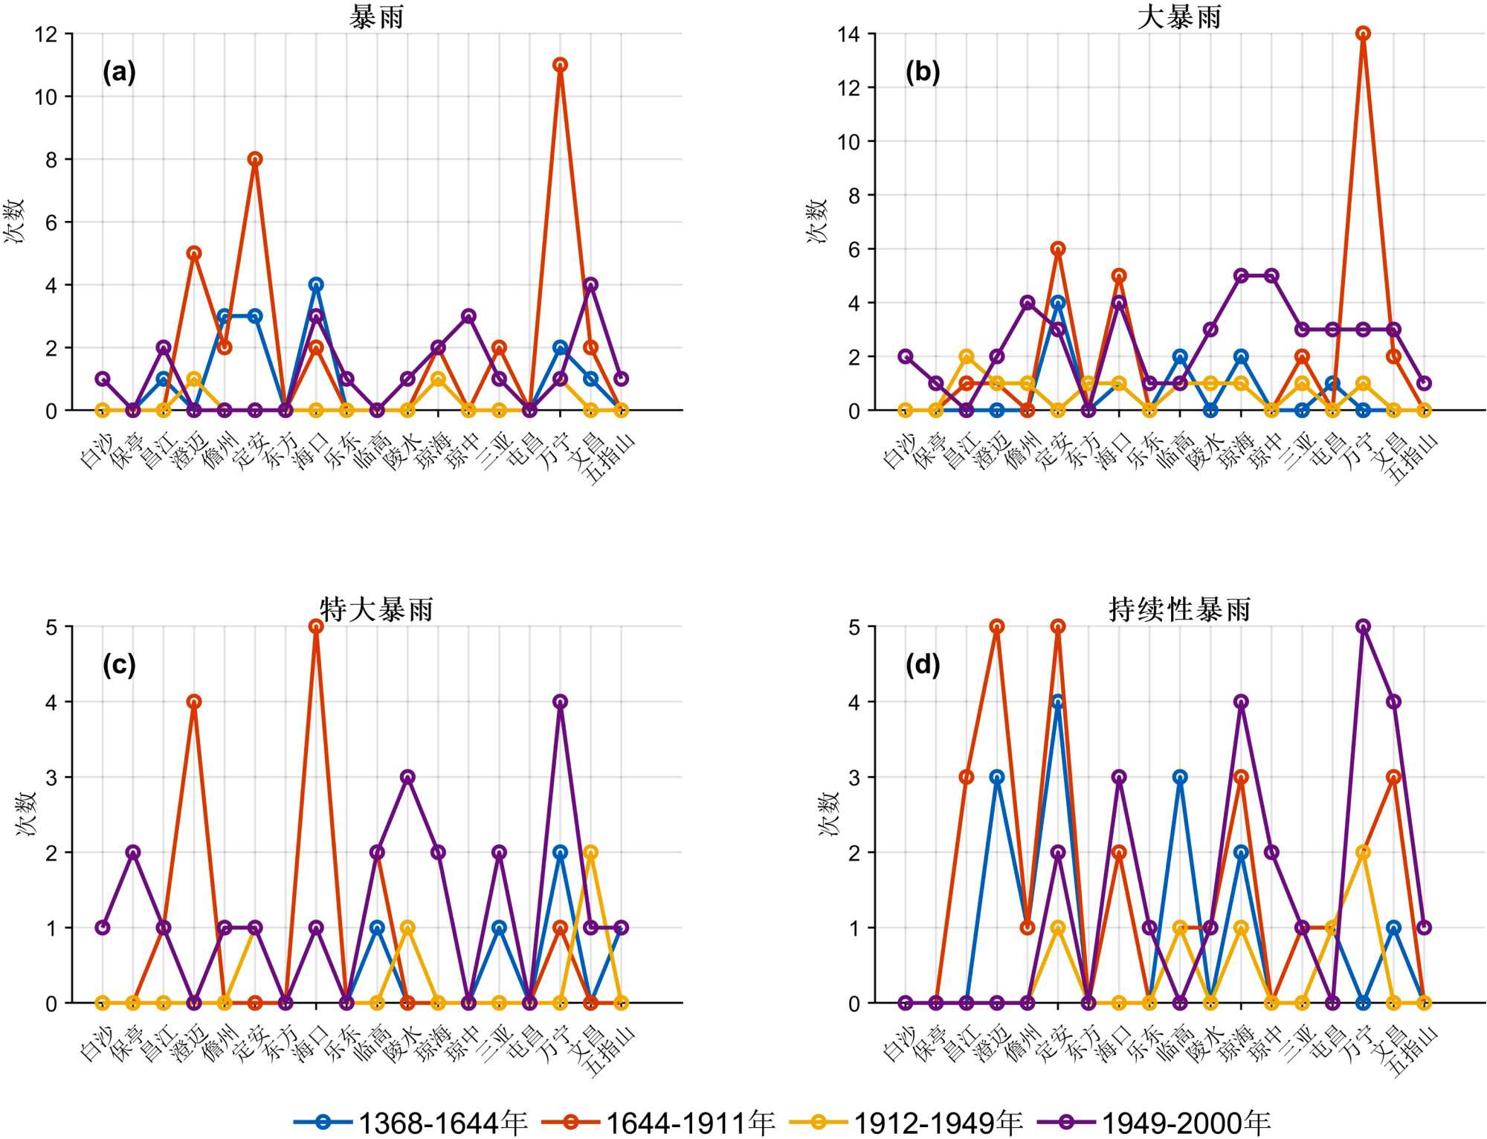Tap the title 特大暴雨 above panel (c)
pyautogui.click(x=377, y=610)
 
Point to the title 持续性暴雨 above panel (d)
pyautogui.click(x=1179, y=610)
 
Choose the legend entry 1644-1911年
pyautogui.click(x=659, y=1122)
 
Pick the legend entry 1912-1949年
pyautogui.click(x=906, y=1122)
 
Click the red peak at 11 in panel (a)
pyautogui.click(x=560, y=65)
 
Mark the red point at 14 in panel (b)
pyautogui.click(x=1363, y=33)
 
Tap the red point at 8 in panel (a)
pyautogui.click(x=255, y=159)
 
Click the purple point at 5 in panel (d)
pyautogui.click(x=1363, y=626)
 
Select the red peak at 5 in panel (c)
pyautogui.click(x=316, y=626)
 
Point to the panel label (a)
pyautogui.click(x=119, y=72)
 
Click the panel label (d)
pyautogui.click(x=923, y=664)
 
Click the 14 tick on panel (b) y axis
pyautogui.click(x=849, y=34)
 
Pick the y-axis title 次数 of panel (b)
pyautogui.click(x=817, y=221)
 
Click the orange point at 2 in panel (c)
pyautogui.click(x=591, y=852)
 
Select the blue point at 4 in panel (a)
pyautogui.click(x=316, y=285)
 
